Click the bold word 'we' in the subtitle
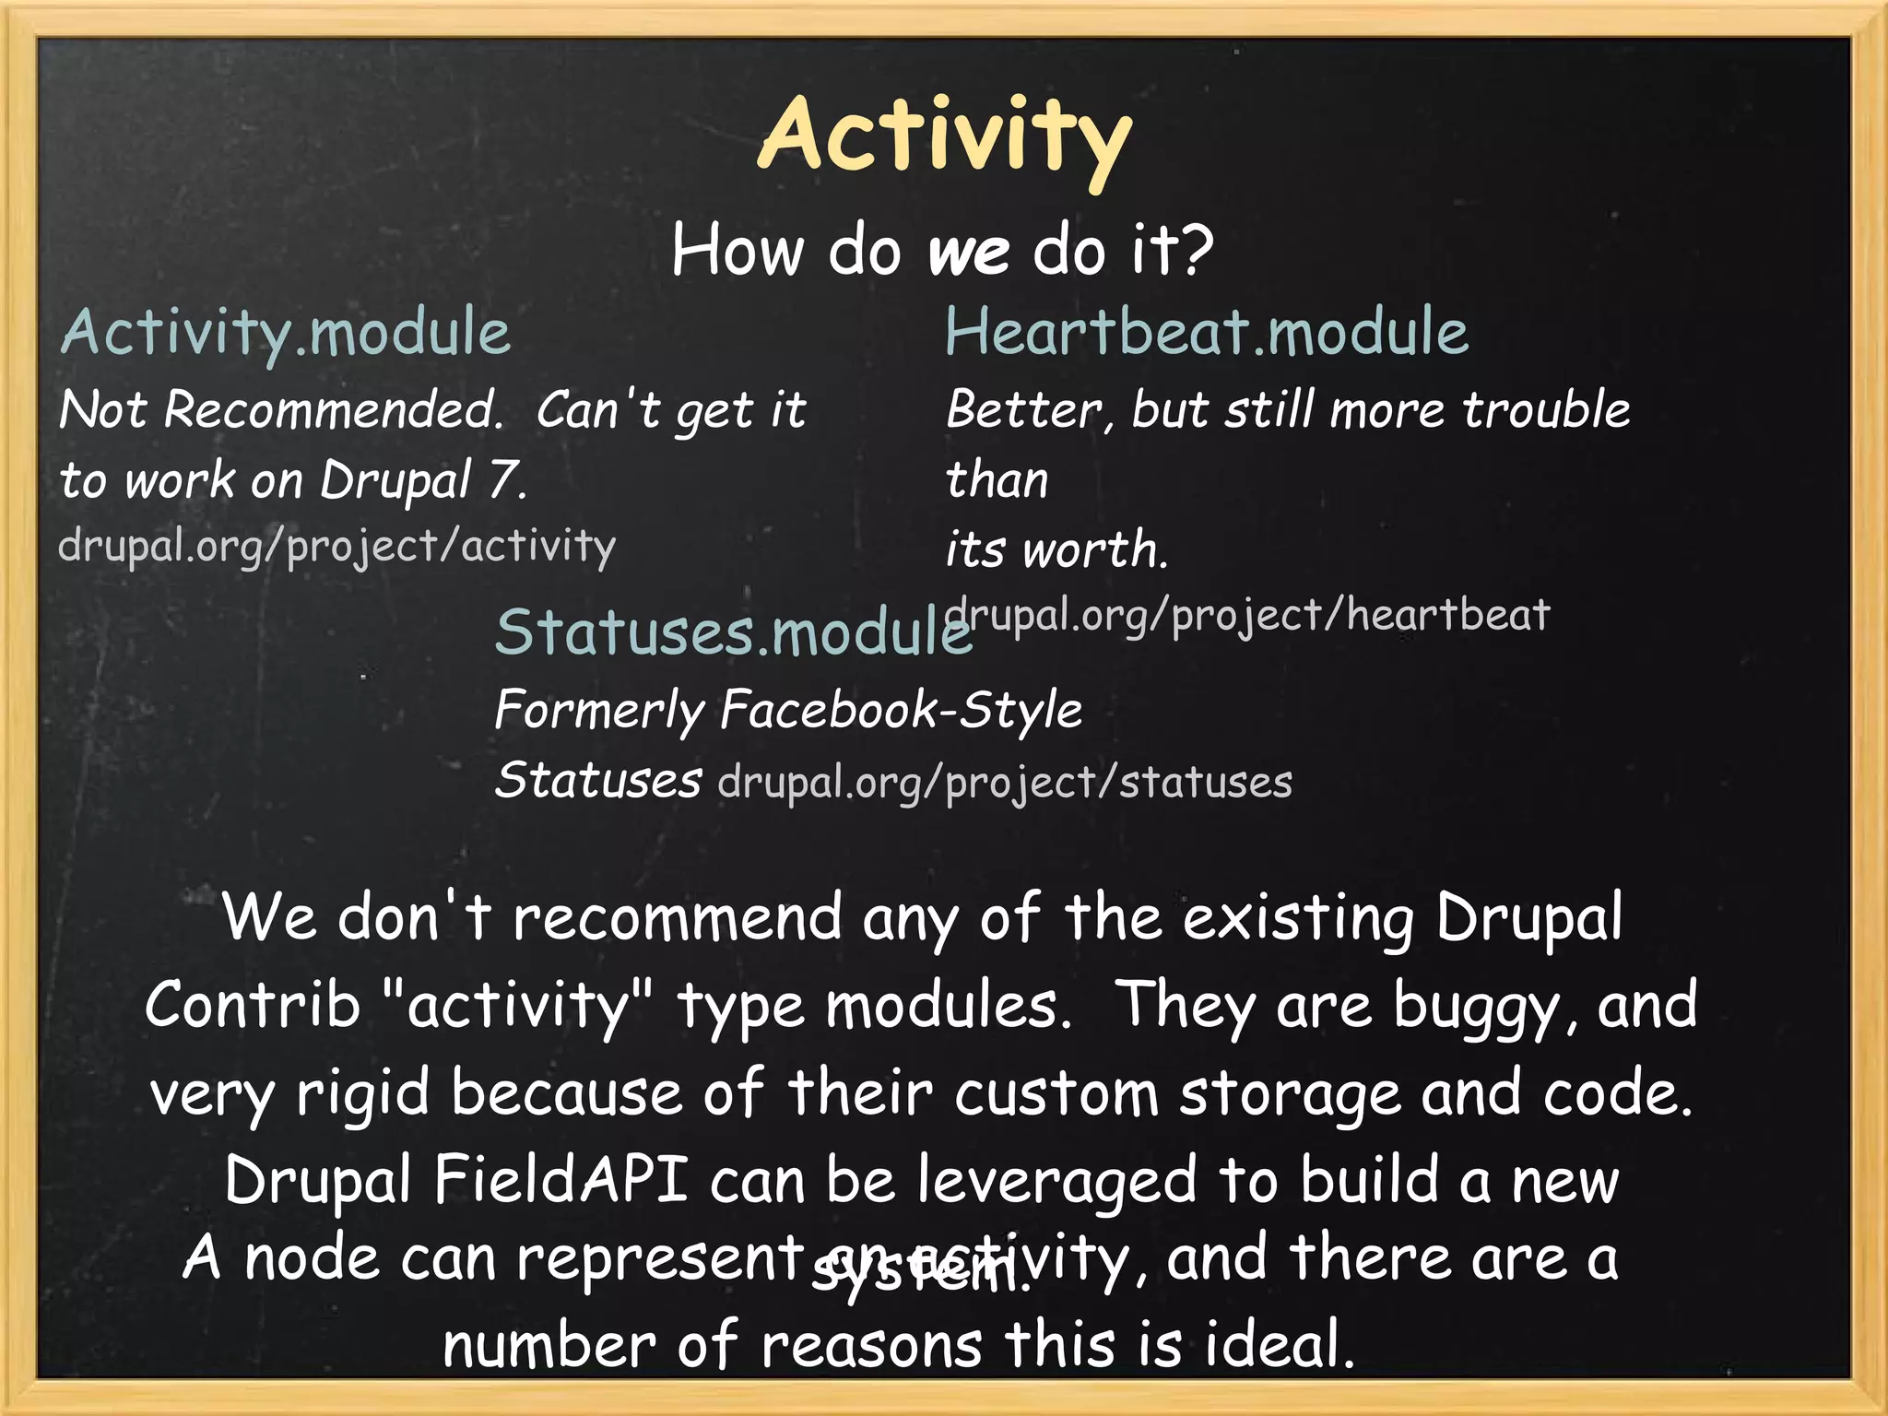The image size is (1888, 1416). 968,252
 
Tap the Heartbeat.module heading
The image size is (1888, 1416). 1206,332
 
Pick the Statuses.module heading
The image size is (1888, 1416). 733,633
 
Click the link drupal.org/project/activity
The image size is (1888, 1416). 336,546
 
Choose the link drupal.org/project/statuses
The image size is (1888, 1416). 1005,783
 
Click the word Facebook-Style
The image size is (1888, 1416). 901,711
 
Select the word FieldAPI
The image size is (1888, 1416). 560,1179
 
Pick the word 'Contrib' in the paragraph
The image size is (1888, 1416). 252,1005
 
